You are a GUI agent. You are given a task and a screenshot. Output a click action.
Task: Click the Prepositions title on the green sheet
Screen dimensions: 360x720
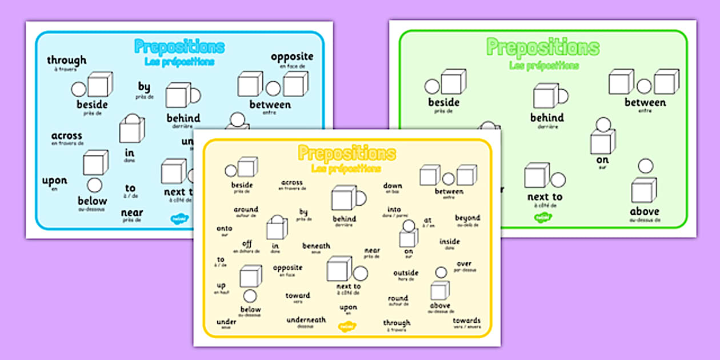(x=542, y=47)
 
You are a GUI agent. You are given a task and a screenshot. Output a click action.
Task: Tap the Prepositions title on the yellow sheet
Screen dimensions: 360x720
(x=346, y=153)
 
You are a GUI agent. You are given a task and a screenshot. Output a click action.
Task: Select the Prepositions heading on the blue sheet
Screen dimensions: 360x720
(x=179, y=47)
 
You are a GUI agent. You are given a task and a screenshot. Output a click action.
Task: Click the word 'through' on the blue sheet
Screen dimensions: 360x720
(x=67, y=60)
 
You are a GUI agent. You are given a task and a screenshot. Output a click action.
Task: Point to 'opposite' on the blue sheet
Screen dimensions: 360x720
(x=292, y=56)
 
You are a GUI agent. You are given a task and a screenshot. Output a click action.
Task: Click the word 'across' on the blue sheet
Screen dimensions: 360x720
(x=67, y=136)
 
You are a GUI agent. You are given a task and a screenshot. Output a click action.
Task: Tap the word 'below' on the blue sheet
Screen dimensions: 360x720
(x=93, y=201)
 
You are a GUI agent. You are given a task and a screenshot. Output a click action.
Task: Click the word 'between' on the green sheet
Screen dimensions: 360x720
(x=645, y=103)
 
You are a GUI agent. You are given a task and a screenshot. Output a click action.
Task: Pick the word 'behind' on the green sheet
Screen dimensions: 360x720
(x=547, y=118)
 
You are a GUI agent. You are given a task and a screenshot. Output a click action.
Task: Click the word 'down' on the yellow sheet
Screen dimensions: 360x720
(x=393, y=186)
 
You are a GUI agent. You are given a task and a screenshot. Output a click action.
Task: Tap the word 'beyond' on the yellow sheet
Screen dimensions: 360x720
(x=467, y=218)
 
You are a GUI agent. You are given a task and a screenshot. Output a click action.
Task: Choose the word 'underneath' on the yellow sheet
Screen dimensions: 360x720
(x=306, y=320)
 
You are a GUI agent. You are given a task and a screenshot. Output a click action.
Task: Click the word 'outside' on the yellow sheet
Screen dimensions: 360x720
(x=406, y=273)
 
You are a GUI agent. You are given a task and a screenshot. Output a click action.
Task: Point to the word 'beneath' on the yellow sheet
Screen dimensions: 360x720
(x=316, y=246)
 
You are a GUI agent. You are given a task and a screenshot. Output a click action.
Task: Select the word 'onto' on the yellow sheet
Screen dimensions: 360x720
(x=225, y=229)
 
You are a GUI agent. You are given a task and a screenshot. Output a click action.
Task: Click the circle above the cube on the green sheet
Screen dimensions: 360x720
(x=646, y=166)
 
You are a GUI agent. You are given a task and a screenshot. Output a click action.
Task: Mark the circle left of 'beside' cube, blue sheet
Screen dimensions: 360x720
(x=78, y=89)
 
